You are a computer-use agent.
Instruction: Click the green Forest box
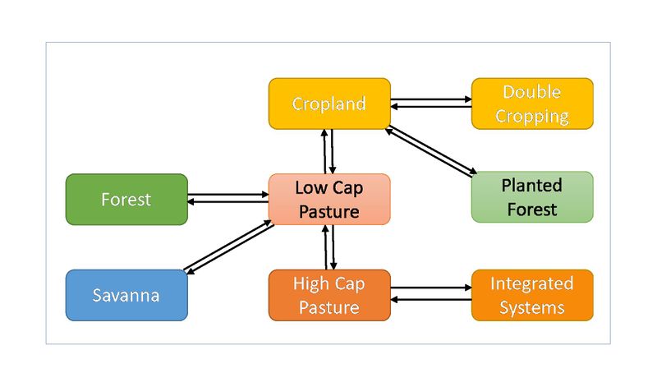point(126,199)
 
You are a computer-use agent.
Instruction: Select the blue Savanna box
point(126,295)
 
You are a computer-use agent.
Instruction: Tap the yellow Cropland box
point(328,104)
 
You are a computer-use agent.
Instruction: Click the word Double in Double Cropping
point(531,92)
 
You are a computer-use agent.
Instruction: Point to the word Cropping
point(531,115)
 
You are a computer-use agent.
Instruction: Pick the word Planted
point(531,185)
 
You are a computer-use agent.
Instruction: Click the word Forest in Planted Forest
point(531,209)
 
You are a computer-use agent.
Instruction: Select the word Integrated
point(531,283)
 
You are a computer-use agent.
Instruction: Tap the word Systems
point(531,307)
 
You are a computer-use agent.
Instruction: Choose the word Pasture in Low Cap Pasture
point(328,211)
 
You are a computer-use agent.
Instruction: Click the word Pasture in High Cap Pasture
point(328,307)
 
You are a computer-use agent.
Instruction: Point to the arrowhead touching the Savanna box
point(188,270)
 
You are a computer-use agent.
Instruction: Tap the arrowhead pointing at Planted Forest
point(471,174)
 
